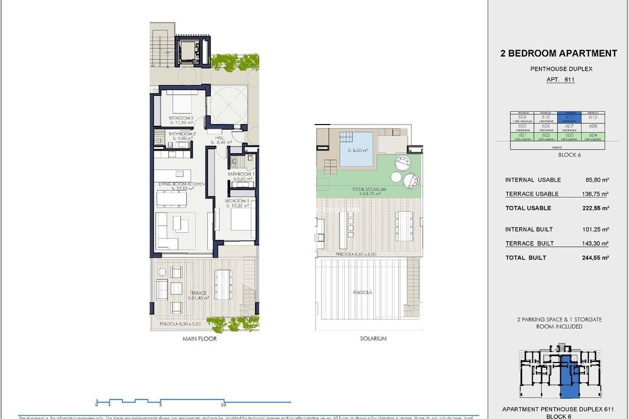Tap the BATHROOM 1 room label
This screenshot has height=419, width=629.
point(240,174)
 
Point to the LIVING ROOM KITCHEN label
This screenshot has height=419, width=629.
point(182,184)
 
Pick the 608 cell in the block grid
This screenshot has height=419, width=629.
point(593,126)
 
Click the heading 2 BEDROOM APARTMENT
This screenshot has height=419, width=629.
point(559,54)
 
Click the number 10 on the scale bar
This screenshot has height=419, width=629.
point(223,404)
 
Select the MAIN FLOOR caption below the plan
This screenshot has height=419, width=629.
point(199,339)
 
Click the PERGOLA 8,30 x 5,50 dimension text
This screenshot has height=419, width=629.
point(180,324)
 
